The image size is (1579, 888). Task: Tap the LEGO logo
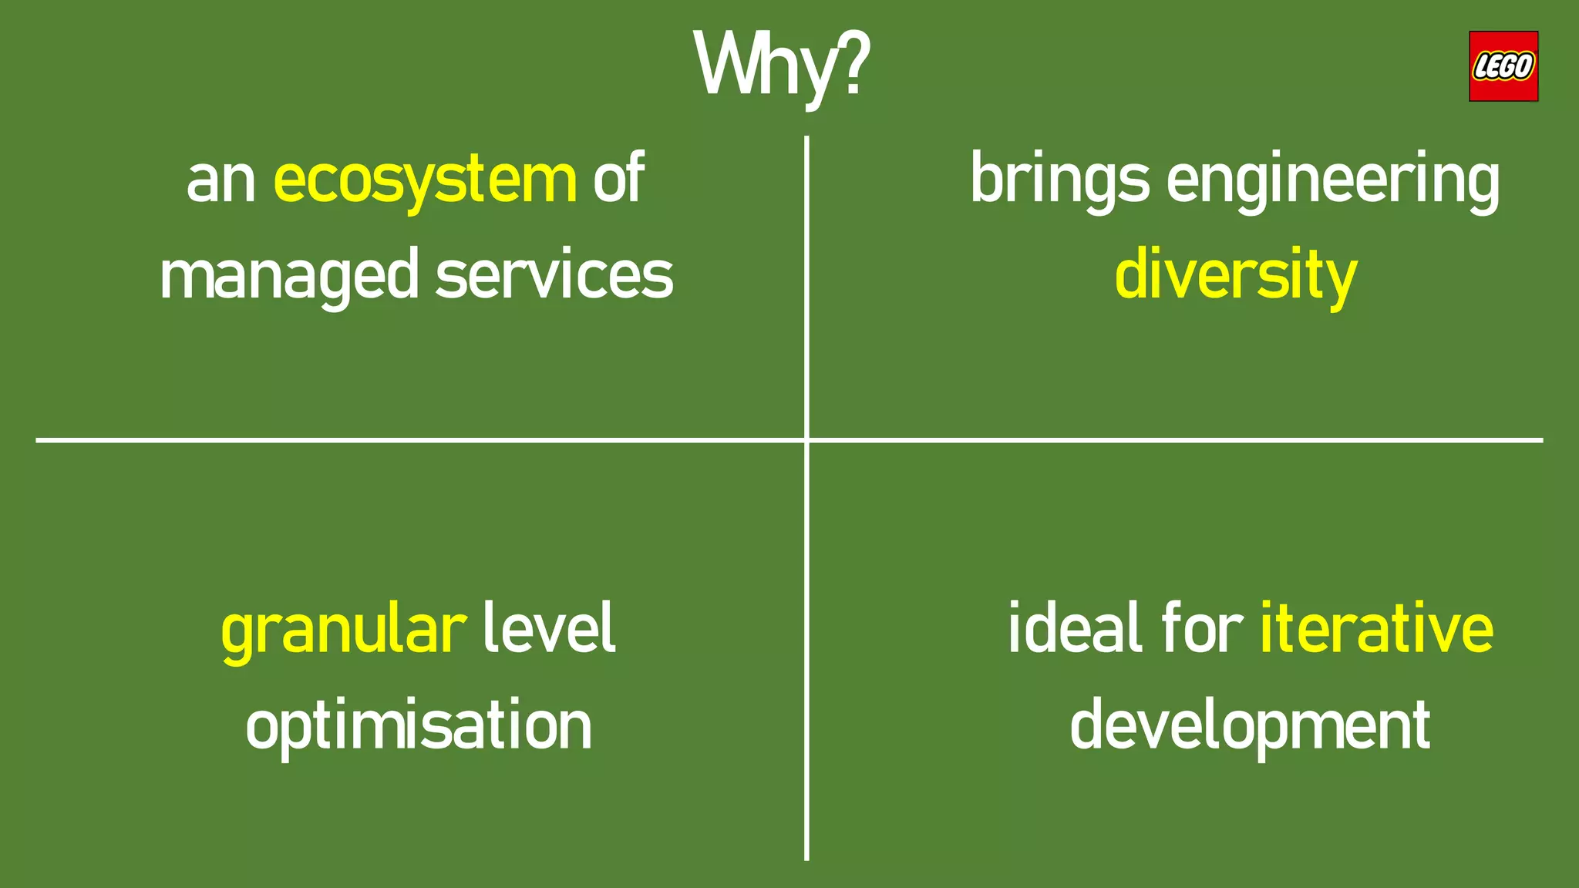pos(1503,66)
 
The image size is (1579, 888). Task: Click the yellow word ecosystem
pos(425,180)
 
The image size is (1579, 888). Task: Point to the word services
pos(554,276)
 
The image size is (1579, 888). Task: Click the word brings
pos(1059,180)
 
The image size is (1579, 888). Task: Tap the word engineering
pos(1333,180)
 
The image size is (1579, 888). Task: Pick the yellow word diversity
pos(1235,276)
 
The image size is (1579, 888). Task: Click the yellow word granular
pos(344,631)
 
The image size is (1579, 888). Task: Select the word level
pos(549,629)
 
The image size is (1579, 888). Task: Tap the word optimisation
pos(419,726)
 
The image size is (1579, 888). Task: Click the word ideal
pos(1075,629)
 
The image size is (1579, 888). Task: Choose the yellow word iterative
pos(1376,629)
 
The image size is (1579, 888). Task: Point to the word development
pos(1250,726)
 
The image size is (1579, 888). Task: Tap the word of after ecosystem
pos(618,179)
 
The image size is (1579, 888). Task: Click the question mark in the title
pos(853,63)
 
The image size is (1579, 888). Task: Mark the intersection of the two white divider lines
pos(806,440)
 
